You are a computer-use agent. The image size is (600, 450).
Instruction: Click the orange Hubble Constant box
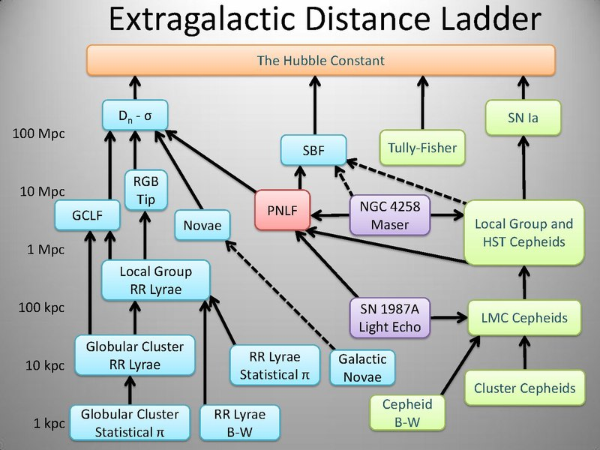coord(321,60)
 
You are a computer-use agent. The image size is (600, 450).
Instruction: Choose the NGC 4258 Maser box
coord(390,214)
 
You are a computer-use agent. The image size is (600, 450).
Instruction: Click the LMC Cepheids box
coord(524,318)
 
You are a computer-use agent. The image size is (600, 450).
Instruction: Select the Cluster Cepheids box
coord(524,388)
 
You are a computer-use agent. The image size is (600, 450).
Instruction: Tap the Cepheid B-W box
coord(407,413)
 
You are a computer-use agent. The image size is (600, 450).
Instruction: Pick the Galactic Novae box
coord(362,368)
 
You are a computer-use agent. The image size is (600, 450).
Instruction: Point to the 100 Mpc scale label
coord(39,134)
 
